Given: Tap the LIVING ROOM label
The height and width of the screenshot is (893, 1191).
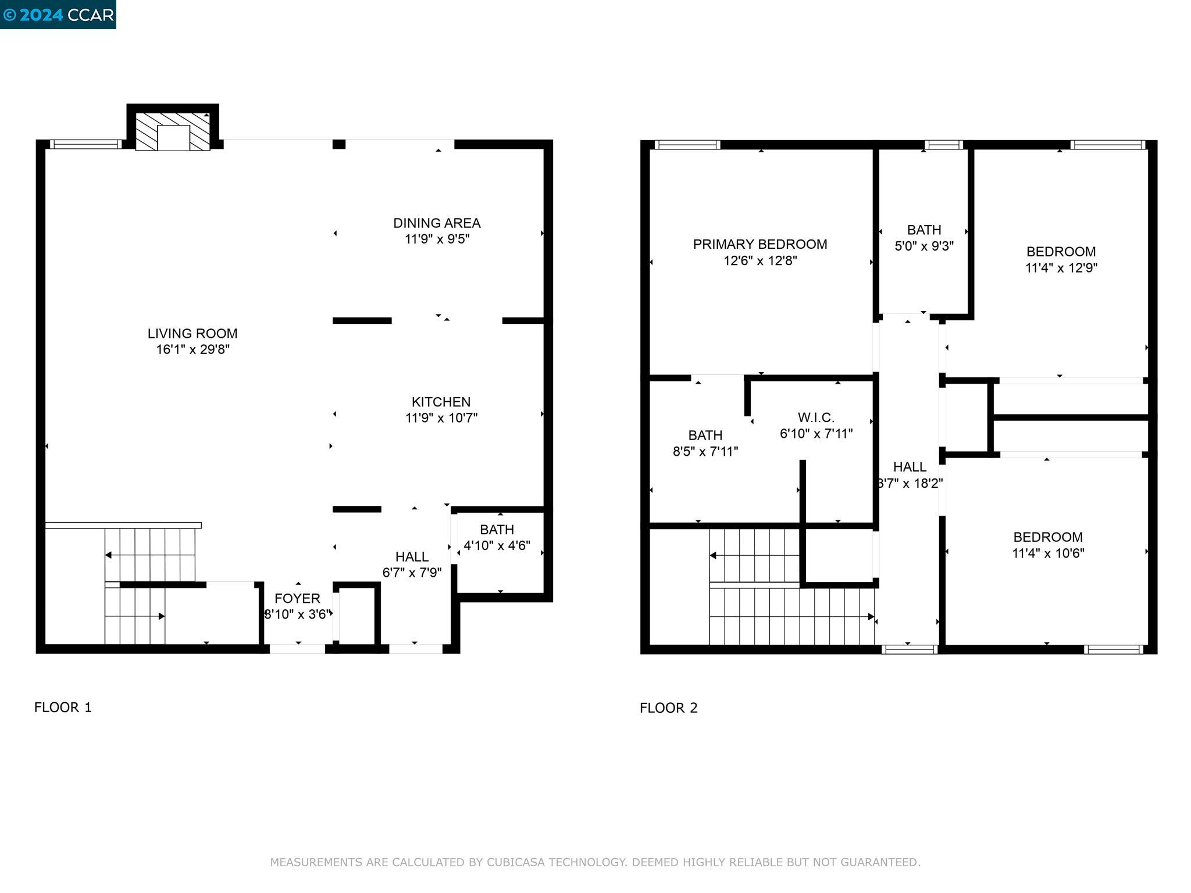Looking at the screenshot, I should pyautogui.click(x=192, y=334).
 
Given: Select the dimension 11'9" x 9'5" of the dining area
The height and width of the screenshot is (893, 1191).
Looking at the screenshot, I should pyautogui.click(x=437, y=239).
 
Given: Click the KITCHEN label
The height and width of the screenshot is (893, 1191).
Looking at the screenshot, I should pyautogui.click(x=441, y=402).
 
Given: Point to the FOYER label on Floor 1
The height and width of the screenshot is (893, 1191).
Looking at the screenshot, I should pyautogui.click(x=297, y=598).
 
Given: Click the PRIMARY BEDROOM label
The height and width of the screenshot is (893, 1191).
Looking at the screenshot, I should pyautogui.click(x=759, y=244).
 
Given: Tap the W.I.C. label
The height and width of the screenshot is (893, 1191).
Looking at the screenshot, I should pyautogui.click(x=816, y=417).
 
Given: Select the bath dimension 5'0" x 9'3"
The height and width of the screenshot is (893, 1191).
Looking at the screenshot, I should pyautogui.click(x=923, y=246).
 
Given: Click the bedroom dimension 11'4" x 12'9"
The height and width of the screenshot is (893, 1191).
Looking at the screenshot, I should pyautogui.click(x=1061, y=268).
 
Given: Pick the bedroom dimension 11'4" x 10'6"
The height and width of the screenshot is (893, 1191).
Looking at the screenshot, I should pyautogui.click(x=1048, y=553).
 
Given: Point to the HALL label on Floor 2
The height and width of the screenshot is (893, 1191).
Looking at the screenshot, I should pyautogui.click(x=910, y=467).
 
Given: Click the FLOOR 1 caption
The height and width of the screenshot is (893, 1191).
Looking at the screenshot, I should pyautogui.click(x=63, y=708).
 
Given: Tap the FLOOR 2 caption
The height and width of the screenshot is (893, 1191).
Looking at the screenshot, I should pyautogui.click(x=668, y=708).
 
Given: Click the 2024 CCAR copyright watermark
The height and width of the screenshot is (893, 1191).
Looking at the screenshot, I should pyautogui.click(x=58, y=14).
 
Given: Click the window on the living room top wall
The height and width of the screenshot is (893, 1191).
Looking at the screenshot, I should pyautogui.click(x=85, y=144).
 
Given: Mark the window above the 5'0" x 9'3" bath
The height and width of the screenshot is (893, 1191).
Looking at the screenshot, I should pyautogui.click(x=943, y=145).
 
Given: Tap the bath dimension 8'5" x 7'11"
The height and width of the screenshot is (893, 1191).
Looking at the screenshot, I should pyautogui.click(x=705, y=451).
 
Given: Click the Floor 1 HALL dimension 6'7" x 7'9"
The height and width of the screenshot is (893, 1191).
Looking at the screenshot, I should pyautogui.click(x=412, y=573).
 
